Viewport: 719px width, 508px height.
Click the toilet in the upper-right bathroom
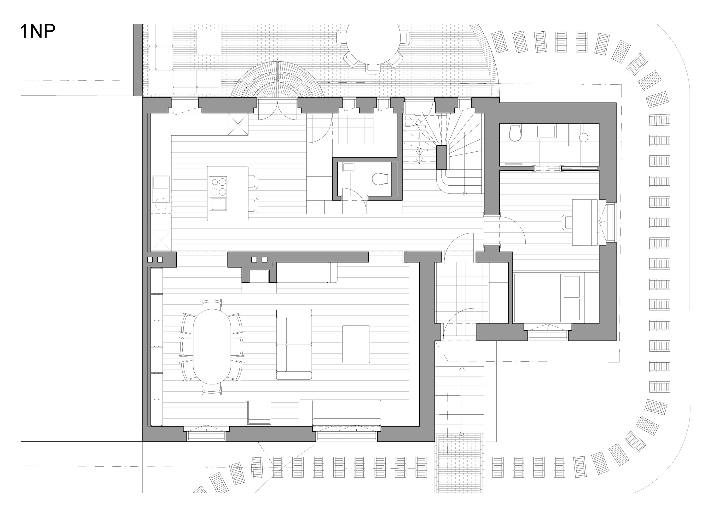(515, 133)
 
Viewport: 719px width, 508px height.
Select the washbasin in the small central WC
(348, 167)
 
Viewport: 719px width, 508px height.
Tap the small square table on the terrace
(209, 42)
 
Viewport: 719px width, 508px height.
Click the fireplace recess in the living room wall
(259, 276)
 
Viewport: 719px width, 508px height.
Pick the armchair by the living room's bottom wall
(259, 412)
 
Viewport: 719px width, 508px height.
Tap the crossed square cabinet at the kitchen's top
(238, 124)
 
